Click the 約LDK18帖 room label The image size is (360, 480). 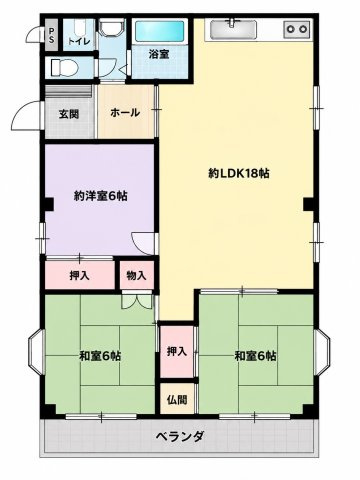click(x=239, y=173)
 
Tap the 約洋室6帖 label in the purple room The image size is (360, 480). click(x=100, y=196)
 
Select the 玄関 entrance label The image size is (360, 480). click(x=69, y=114)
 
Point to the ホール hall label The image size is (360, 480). click(x=125, y=113)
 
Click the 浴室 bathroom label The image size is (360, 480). click(x=159, y=54)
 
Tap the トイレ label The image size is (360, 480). click(x=79, y=42)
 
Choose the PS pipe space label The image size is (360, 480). click(x=51, y=35)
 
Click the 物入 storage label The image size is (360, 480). click(x=136, y=276)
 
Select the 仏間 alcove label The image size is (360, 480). click(x=177, y=400)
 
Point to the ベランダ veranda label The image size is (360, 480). click(x=180, y=436)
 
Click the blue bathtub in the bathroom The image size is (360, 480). click(x=160, y=31)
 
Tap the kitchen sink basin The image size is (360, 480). click(x=233, y=29)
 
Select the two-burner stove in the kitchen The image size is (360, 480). click(x=297, y=29)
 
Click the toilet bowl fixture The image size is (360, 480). click(x=64, y=68)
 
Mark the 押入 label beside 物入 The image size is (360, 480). click(x=79, y=276)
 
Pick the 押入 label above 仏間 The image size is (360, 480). click(x=176, y=351)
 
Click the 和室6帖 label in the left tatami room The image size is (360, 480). click(x=100, y=356)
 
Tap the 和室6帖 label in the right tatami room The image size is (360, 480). click(x=255, y=356)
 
